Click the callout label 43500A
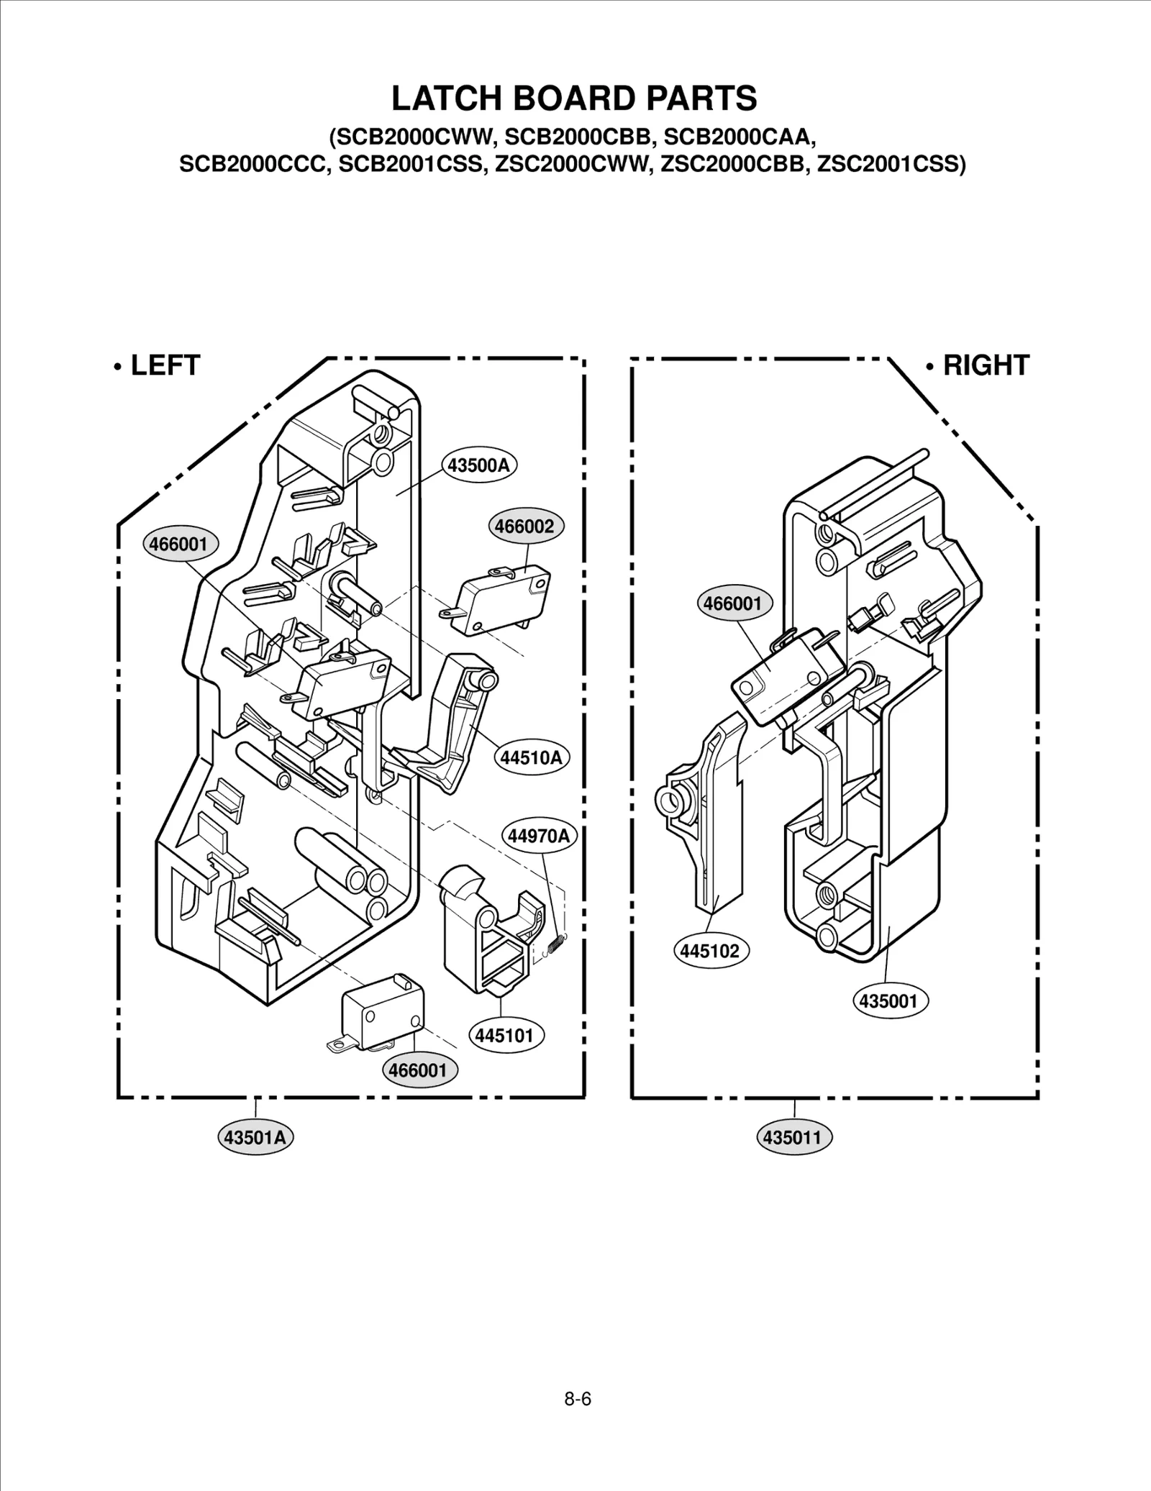(478, 465)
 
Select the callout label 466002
(526, 526)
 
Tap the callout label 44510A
(531, 757)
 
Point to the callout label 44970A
(538, 836)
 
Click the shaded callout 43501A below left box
(255, 1137)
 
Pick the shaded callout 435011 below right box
(793, 1137)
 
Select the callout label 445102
(710, 951)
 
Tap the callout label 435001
(889, 1000)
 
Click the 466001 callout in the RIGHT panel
(733, 603)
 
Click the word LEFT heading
(165, 365)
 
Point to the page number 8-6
(577, 1399)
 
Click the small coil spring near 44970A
(557, 943)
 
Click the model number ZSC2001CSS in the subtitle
(891, 164)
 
